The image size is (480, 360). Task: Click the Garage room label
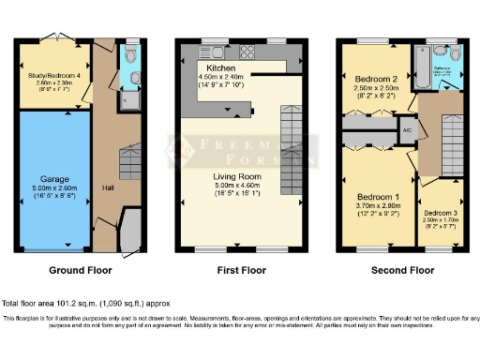(54, 177)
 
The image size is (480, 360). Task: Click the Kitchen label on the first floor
(221, 68)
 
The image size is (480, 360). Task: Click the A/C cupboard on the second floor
(408, 129)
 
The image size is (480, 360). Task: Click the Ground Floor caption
(80, 270)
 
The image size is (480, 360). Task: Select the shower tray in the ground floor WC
(131, 97)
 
